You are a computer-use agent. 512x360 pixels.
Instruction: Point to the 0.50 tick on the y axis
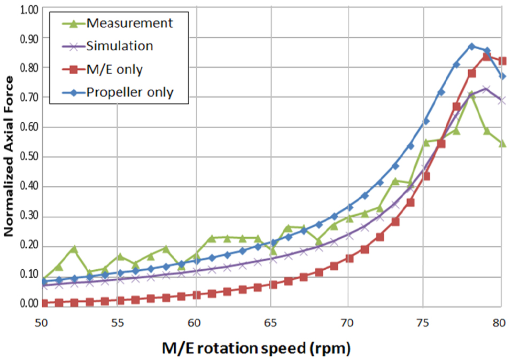pyautogui.click(x=29, y=156)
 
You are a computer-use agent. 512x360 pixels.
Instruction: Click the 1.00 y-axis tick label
pyautogui.click(x=29, y=10)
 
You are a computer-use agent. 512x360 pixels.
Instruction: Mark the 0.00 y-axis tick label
pyautogui.click(x=29, y=303)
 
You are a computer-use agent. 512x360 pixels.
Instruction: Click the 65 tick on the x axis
pyautogui.click(x=270, y=323)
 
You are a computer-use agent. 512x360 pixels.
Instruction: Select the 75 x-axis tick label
pyautogui.click(x=423, y=323)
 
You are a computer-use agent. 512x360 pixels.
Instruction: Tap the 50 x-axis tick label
pyautogui.click(x=41, y=323)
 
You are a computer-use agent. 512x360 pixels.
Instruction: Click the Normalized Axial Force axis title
pyautogui.click(x=8, y=156)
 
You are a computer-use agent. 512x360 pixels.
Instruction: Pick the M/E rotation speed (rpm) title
pyautogui.click(x=257, y=349)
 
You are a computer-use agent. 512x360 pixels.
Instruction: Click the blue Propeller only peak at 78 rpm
pyautogui.click(x=471, y=46)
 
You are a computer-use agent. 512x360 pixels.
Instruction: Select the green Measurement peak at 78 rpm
pyautogui.click(x=471, y=95)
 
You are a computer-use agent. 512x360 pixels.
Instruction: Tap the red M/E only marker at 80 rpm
pyautogui.click(x=502, y=61)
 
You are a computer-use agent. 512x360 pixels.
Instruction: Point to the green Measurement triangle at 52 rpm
pyautogui.click(x=74, y=249)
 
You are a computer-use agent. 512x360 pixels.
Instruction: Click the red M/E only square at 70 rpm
pyautogui.click(x=350, y=259)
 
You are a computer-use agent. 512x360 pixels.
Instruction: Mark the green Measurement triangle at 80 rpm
pyautogui.click(x=502, y=143)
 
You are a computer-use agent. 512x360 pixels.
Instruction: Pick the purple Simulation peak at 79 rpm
pyautogui.click(x=486, y=89)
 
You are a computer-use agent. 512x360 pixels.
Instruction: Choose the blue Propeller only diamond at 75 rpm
pyautogui.click(x=426, y=121)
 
